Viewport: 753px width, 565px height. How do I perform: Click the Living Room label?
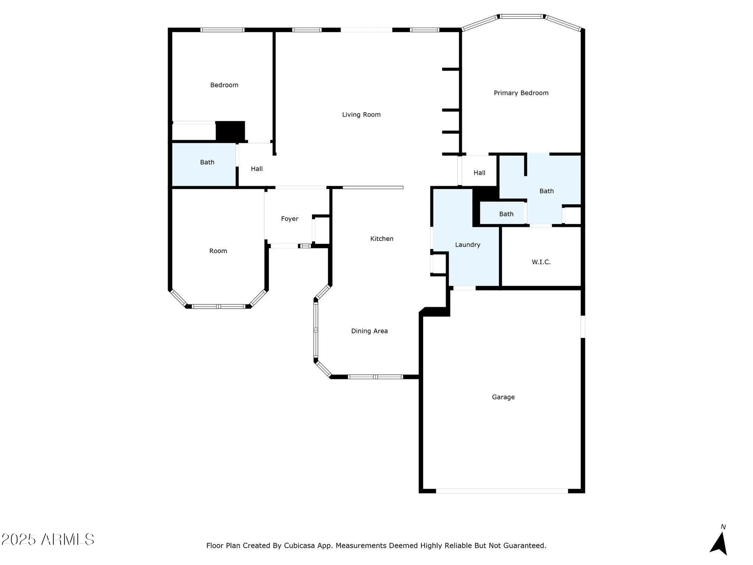point(361,115)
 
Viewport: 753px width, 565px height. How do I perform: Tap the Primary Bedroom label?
point(521,93)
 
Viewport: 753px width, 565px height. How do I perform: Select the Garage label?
point(503,397)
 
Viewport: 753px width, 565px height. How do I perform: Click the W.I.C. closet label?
point(541,262)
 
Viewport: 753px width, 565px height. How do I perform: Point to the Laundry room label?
point(467,245)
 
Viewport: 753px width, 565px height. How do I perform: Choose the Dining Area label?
point(369,331)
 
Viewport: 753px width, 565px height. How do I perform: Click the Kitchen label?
point(381,239)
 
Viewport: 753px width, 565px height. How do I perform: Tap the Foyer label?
point(289,219)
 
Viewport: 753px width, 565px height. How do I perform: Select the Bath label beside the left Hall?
point(207,162)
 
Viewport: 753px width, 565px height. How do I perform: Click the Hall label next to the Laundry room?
point(479,173)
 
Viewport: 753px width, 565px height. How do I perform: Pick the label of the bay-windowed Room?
point(218,251)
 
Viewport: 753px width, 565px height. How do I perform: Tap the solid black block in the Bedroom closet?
point(230,131)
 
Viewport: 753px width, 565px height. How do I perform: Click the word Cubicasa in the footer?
point(299,545)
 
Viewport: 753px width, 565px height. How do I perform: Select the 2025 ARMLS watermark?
point(47,539)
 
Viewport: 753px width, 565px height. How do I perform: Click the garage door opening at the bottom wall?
point(502,491)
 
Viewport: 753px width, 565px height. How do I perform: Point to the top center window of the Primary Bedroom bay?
point(521,17)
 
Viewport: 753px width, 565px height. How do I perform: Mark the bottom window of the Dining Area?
point(375,377)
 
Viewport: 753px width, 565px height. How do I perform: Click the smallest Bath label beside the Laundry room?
point(506,214)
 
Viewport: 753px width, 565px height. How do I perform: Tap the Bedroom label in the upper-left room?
point(224,85)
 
